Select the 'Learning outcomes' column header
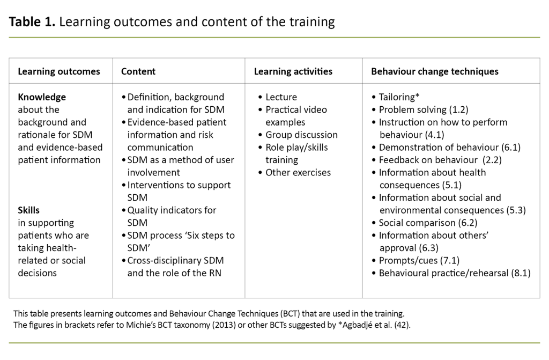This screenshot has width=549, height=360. pos(59,71)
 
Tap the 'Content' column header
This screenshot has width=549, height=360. pos(138,71)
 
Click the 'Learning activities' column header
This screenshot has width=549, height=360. pos(293,71)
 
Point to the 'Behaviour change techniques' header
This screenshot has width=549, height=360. pos(435,71)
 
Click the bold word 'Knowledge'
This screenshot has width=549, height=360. pos(42,97)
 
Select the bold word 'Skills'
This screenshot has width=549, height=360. pos(29,210)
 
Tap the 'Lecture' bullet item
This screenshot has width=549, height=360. pos(281,97)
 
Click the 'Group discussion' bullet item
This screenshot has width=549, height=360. pos(301,135)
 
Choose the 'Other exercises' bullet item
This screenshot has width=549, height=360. pos(298,172)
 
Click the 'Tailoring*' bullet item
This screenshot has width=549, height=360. pos(399,97)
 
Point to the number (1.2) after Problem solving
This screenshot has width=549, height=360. pos(458,109)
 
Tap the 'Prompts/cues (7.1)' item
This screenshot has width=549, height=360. pos(419,260)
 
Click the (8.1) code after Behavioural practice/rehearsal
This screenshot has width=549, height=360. pos(521,273)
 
